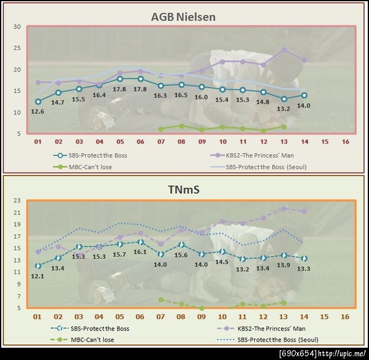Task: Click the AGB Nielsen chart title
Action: [x=183, y=16]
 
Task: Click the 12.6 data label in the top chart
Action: [x=38, y=111]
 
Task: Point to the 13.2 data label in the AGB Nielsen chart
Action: [x=284, y=109]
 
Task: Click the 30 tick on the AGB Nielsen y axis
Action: [x=17, y=27]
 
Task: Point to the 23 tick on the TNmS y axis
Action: [x=17, y=200]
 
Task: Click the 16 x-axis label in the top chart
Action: [x=345, y=141]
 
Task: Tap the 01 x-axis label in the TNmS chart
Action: [x=38, y=316]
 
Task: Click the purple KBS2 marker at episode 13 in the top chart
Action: [x=284, y=50]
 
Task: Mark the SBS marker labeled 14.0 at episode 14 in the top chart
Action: [x=304, y=95]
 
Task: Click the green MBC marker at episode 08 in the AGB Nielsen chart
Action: [x=181, y=126]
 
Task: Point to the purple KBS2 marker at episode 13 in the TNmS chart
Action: [x=284, y=208]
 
